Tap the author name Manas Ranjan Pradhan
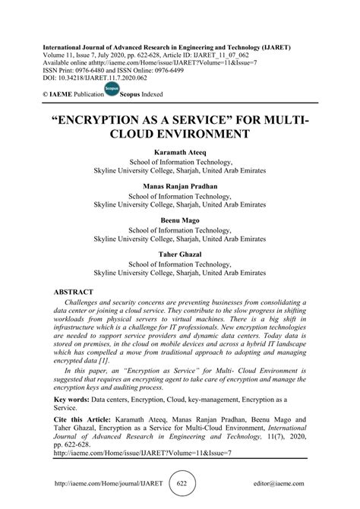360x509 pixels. pyautogui.click(x=179, y=185)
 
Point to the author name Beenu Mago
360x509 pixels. pyautogui.click(x=179, y=218)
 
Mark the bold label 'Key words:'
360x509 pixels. pyautogui.click(x=74, y=397)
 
